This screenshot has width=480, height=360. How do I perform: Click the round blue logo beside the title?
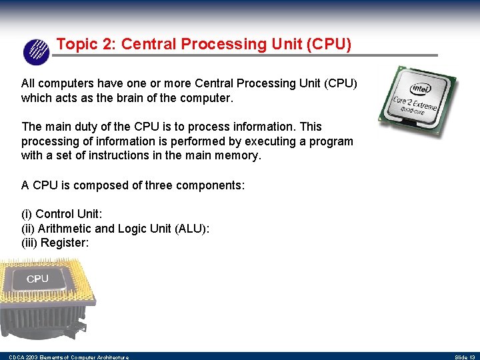tap(36, 51)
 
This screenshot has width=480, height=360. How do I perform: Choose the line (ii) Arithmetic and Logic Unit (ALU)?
tap(115, 229)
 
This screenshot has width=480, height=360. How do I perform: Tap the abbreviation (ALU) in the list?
tap(192, 229)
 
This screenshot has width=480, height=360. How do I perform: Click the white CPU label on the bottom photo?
tap(37, 279)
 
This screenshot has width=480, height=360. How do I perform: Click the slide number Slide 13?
tap(465, 357)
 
